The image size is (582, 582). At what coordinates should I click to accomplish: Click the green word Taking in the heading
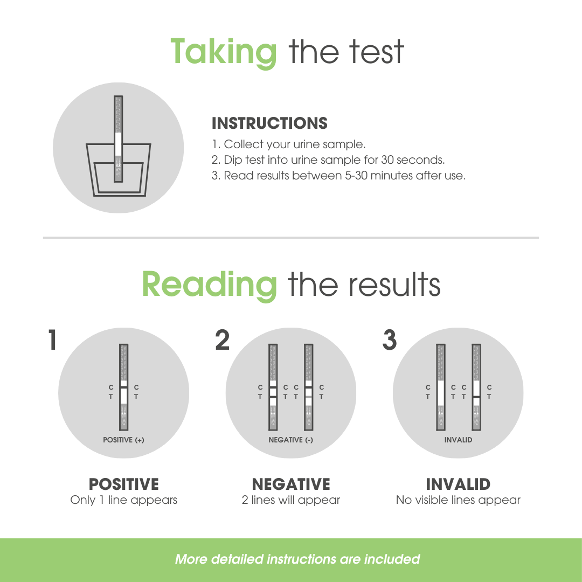[224, 53]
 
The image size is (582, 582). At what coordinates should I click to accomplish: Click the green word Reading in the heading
[209, 285]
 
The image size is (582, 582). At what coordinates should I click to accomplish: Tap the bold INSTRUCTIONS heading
[269, 123]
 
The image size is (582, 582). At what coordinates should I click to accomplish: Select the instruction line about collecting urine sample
[289, 144]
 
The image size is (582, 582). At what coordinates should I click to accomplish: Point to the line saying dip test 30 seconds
[328, 160]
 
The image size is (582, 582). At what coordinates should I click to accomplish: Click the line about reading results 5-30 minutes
[338, 175]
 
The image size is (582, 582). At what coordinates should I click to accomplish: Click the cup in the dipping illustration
[119, 170]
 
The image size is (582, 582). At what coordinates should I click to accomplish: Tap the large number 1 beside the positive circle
[52, 339]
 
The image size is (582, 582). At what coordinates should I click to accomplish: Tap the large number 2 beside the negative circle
[223, 339]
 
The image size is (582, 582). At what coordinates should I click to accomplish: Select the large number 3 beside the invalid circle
[390, 339]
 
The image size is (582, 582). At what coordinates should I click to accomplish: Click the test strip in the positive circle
[123, 387]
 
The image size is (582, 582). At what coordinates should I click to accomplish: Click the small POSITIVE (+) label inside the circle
[123, 440]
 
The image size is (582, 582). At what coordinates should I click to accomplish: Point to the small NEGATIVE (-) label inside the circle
[290, 440]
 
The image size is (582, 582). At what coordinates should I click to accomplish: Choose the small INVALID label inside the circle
[459, 440]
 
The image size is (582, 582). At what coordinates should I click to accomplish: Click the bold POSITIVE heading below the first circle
[123, 484]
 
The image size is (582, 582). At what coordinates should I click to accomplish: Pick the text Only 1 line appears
[123, 500]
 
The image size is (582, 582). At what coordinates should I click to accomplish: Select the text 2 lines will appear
[290, 500]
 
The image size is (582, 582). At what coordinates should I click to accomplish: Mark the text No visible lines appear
[459, 500]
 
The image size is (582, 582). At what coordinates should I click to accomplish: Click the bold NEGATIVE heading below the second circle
[290, 484]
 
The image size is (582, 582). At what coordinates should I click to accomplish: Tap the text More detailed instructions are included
[297, 559]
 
